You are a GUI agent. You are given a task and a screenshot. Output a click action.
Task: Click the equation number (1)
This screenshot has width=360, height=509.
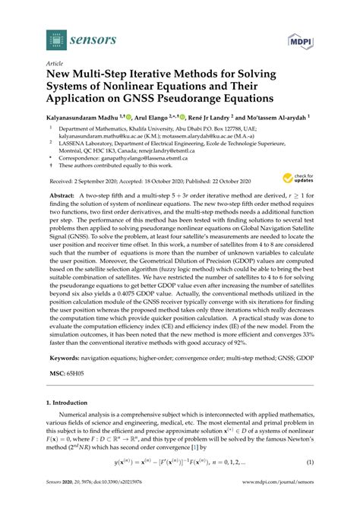pyautogui.click(x=310, y=482)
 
